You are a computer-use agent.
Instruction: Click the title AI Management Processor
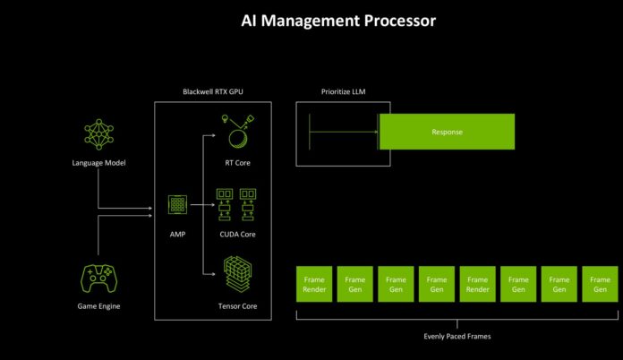338,21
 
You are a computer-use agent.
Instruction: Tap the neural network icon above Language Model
99,133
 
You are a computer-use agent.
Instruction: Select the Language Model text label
99,162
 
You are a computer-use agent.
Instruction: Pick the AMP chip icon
178,204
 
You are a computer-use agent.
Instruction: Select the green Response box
447,131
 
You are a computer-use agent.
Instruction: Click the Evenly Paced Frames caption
457,336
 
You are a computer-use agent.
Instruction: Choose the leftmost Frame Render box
313,284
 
